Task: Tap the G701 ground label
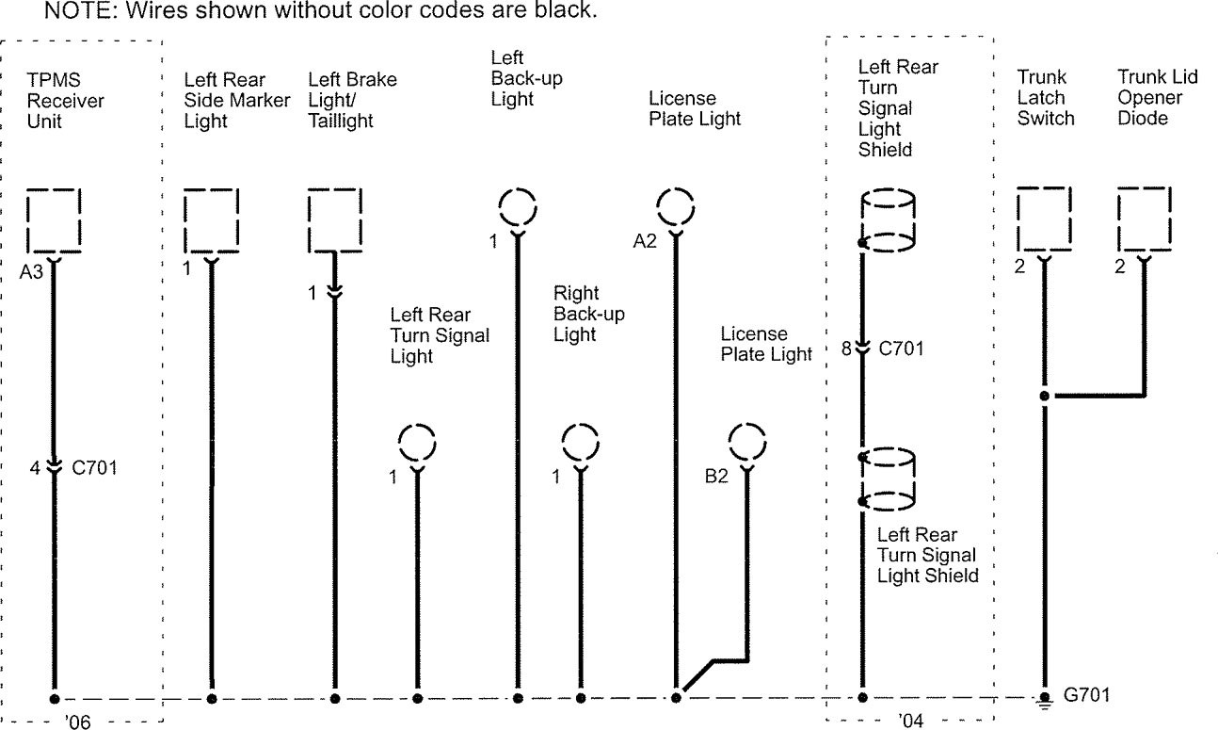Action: (x=1086, y=696)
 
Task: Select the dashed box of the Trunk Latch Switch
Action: (x=1043, y=218)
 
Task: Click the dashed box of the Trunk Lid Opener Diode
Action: (x=1144, y=218)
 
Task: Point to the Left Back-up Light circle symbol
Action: (x=516, y=206)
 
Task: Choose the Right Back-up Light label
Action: (x=588, y=314)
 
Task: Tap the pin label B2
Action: (x=716, y=477)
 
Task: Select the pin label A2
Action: (x=645, y=242)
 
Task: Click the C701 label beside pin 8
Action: (x=901, y=349)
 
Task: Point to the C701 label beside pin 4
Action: (x=94, y=466)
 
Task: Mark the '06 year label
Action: (x=78, y=722)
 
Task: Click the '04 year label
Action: (x=910, y=722)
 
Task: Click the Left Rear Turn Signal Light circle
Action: (x=417, y=444)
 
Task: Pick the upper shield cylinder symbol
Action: (x=889, y=221)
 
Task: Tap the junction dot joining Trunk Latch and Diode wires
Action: (x=1044, y=396)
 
